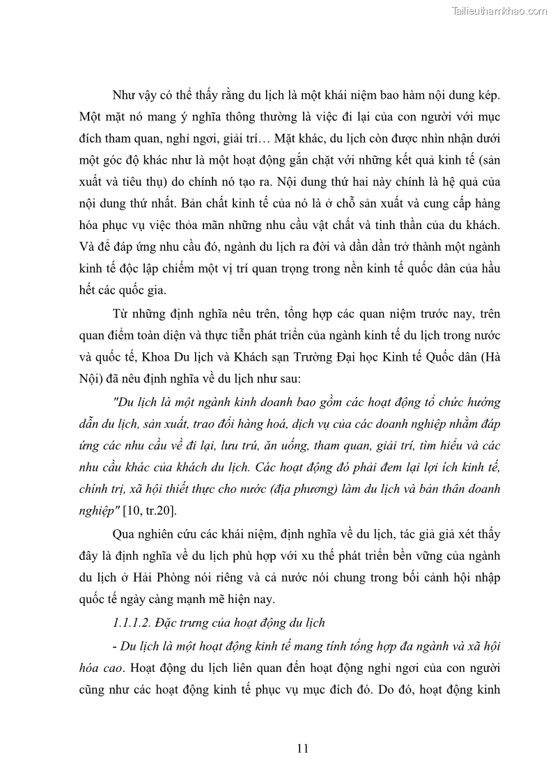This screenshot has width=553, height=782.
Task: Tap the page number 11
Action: point(302,749)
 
